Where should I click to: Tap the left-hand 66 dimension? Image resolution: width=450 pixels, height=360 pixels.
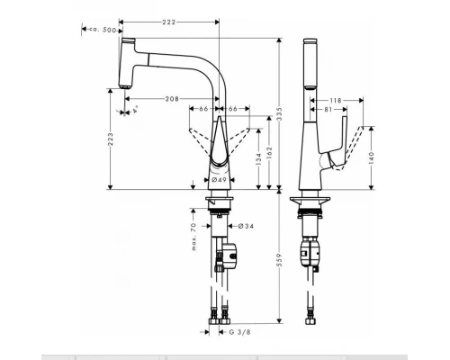pyautogui.click(x=202, y=109)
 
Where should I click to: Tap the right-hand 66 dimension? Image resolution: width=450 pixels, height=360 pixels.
pyautogui.click(x=233, y=109)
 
